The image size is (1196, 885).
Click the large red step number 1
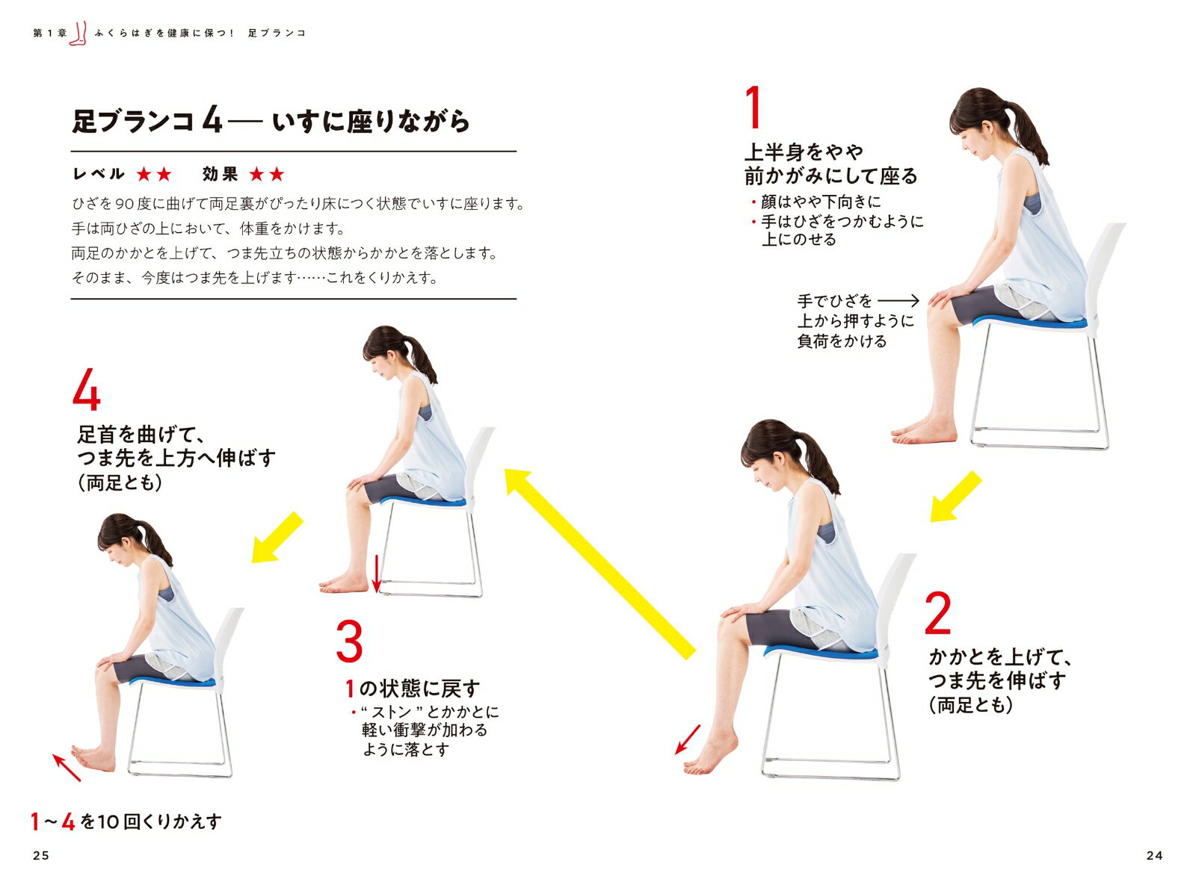point(753,108)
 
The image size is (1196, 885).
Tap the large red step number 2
point(937,613)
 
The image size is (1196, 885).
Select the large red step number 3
point(349,641)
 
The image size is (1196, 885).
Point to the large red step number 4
point(86,389)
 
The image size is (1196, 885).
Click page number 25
point(41,855)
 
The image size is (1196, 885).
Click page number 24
point(1154,855)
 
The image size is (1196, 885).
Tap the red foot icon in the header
point(78,34)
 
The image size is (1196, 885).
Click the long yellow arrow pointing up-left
point(599,564)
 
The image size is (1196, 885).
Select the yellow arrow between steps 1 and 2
point(955,497)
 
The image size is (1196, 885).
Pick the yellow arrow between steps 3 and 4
point(277,538)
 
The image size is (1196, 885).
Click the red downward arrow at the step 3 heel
point(377,573)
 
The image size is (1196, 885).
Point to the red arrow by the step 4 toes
point(67,768)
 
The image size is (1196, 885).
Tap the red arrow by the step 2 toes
point(688,739)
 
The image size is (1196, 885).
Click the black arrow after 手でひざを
point(898,301)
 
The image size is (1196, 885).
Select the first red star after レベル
point(144,174)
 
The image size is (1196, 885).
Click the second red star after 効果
point(277,174)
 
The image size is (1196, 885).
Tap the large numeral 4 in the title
point(212,121)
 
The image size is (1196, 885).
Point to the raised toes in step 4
point(78,752)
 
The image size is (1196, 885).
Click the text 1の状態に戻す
point(413,689)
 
